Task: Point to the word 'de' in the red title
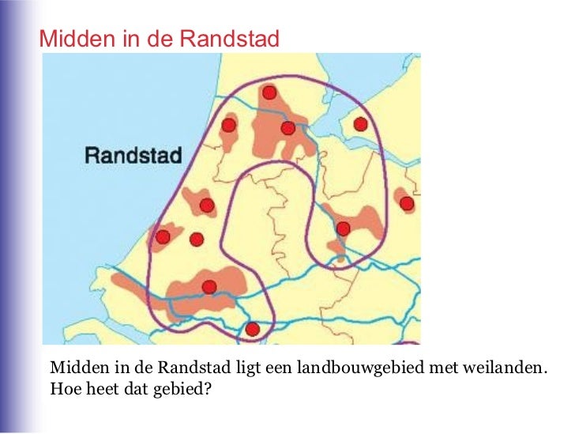tap(152, 38)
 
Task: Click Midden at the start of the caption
tap(74, 368)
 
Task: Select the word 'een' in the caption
tap(273, 368)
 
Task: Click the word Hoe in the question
tap(62, 388)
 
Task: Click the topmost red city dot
tap(269, 93)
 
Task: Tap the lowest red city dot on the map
tap(253, 329)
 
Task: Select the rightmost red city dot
tap(407, 204)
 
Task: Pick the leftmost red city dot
tap(163, 237)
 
